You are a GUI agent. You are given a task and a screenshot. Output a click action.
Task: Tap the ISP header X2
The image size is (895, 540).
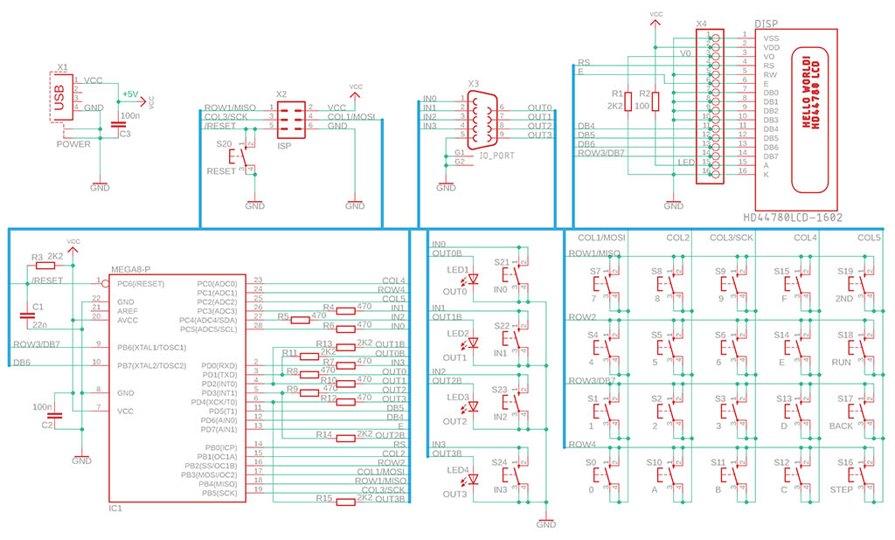pyautogui.click(x=291, y=117)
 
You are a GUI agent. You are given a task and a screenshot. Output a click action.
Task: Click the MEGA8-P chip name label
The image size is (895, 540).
pyautogui.click(x=131, y=269)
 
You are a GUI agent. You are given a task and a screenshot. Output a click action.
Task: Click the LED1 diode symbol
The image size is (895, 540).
pyautogui.click(x=473, y=280)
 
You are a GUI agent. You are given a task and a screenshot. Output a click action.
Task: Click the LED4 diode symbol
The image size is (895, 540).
pyautogui.click(x=473, y=481)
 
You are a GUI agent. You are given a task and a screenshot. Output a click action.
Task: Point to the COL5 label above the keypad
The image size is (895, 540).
pyautogui.click(x=869, y=238)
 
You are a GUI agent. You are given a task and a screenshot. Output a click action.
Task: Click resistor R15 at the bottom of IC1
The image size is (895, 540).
pyautogui.click(x=344, y=499)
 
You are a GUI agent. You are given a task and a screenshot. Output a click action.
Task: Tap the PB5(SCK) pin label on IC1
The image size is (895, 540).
pyautogui.click(x=219, y=493)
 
